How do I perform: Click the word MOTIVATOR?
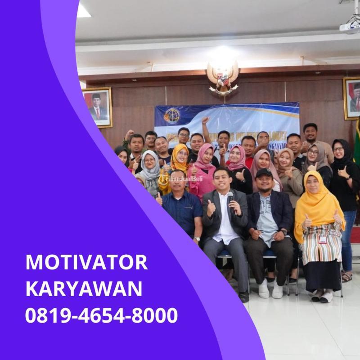pos(86,262)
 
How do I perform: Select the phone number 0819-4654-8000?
pos(102,315)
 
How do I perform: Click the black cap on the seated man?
pos(264,173)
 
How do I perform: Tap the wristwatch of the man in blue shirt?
pos(196,238)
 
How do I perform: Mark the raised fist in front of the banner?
pos(205,121)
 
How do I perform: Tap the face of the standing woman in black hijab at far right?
pos(338,150)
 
